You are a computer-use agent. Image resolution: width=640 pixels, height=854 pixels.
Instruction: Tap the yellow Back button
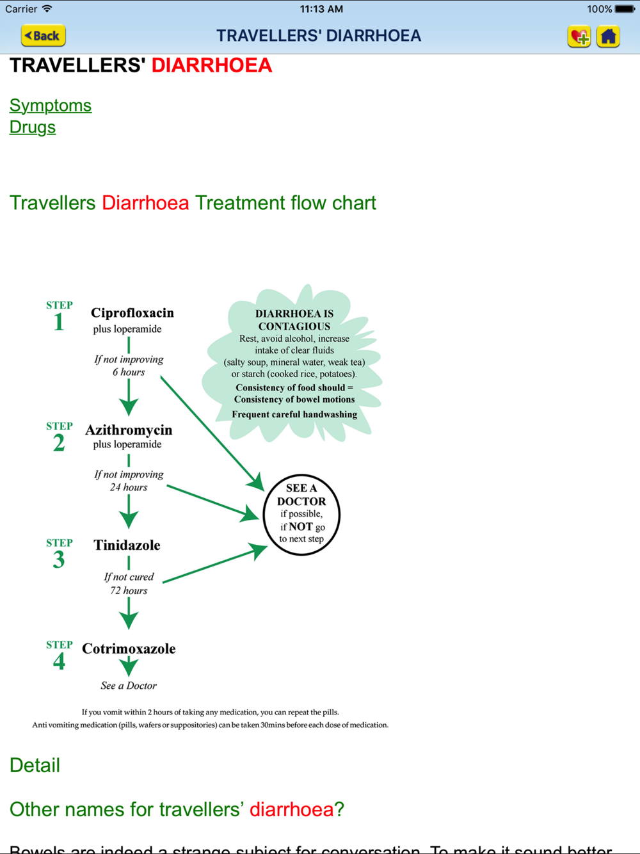click(44, 36)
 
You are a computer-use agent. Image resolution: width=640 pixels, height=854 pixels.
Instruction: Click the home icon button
click(608, 36)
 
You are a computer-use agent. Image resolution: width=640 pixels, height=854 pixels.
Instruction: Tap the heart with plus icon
click(579, 36)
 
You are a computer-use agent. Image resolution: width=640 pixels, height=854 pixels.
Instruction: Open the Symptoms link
click(51, 105)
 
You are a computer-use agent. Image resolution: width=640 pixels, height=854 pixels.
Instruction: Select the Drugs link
click(33, 127)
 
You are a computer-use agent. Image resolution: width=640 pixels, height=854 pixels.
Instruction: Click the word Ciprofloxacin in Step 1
click(132, 312)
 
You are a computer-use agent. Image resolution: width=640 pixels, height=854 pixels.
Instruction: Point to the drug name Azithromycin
click(129, 430)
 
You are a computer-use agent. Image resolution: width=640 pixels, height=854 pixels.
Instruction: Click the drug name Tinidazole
click(127, 545)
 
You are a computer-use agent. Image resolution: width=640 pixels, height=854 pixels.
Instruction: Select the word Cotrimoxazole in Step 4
click(129, 649)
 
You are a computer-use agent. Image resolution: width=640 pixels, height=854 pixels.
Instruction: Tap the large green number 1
click(59, 321)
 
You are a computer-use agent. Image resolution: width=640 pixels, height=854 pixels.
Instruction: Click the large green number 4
click(59, 661)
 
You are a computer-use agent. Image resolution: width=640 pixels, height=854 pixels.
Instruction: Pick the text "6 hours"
click(129, 372)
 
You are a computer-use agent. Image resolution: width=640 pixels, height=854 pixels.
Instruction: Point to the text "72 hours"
click(129, 590)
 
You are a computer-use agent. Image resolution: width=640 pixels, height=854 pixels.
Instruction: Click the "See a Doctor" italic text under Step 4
click(129, 686)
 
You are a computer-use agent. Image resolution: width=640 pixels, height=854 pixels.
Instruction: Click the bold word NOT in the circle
click(300, 527)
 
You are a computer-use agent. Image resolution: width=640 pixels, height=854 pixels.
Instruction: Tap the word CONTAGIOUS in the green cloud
click(294, 326)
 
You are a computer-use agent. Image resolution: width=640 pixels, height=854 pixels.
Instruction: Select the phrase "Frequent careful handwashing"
click(294, 414)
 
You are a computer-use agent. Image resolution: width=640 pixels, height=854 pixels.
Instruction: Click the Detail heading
click(35, 765)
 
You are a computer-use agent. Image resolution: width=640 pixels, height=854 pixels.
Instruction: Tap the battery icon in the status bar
click(625, 9)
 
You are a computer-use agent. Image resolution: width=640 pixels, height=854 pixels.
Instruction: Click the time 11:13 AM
click(321, 9)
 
